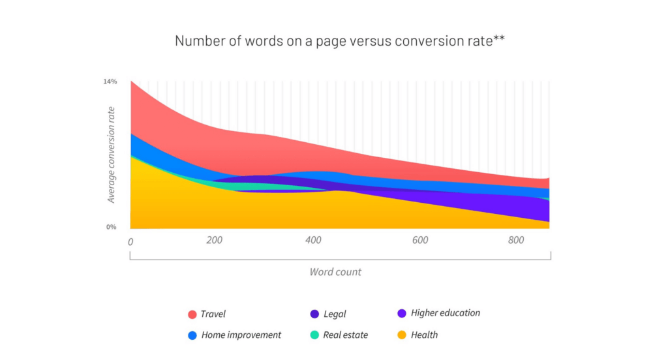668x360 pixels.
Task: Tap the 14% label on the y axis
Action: [110, 82]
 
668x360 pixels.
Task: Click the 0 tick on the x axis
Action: [130, 241]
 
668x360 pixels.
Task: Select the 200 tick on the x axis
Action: [215, 240]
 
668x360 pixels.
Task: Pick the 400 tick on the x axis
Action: [314, 240]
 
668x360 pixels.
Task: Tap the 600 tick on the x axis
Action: [420, 240]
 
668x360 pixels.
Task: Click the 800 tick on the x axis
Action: [516, 240]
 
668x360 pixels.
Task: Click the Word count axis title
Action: [335, 272]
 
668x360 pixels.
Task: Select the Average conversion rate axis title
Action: [112, 155]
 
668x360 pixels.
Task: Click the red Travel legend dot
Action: [192, 314]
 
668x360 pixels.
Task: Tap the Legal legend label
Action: [335, 314]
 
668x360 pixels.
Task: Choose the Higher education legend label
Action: [446, 313]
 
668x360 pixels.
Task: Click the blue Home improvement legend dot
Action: [192, 335]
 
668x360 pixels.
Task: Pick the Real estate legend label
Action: [346, 335]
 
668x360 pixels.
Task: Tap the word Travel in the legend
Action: [213, 314]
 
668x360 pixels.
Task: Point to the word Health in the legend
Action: [425, 335]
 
